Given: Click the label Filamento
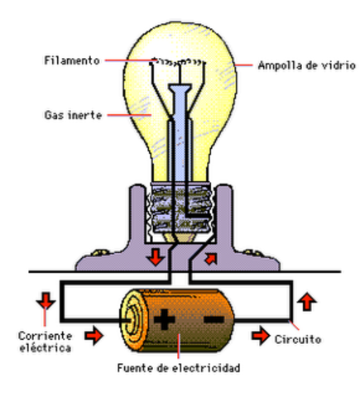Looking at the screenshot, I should click(x=73, y=60).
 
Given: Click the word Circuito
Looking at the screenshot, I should click(x=299, y=340).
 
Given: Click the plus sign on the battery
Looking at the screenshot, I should click(x=165, y=318).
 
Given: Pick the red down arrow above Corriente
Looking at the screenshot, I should click(x=44, y=301).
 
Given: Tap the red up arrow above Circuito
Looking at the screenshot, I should click(x=307, y=301).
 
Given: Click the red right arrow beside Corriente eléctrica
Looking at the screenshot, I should click(x=95, y=336).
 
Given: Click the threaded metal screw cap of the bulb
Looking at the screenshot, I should click(x=180, y=211).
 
